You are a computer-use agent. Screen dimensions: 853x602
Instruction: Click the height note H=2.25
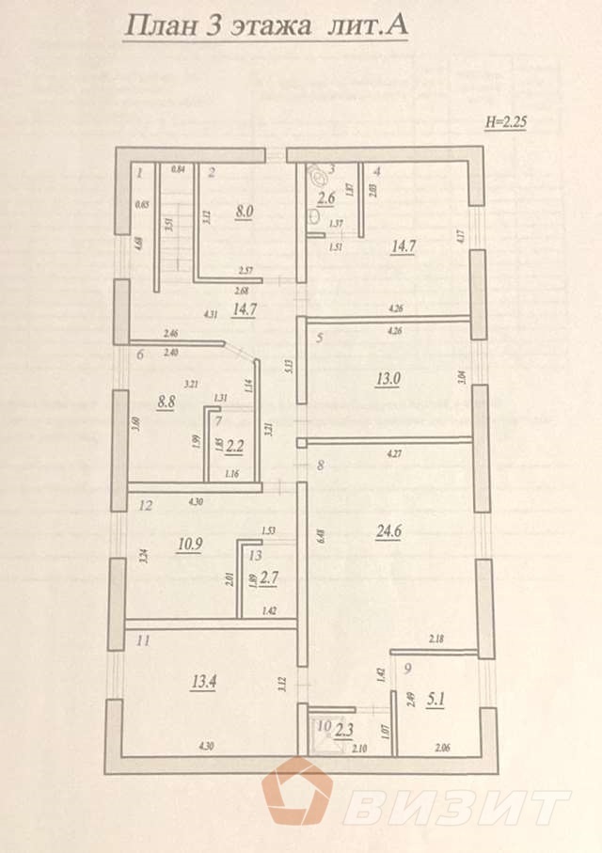508,121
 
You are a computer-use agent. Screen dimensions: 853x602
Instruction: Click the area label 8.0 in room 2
244,213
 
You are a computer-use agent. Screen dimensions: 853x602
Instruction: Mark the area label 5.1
435,699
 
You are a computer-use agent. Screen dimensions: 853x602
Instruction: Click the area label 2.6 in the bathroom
326,198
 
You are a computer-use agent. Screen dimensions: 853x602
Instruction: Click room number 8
320,465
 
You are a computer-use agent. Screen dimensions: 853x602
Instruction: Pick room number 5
320,339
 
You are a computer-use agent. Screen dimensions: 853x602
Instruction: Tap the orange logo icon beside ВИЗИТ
297,793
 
